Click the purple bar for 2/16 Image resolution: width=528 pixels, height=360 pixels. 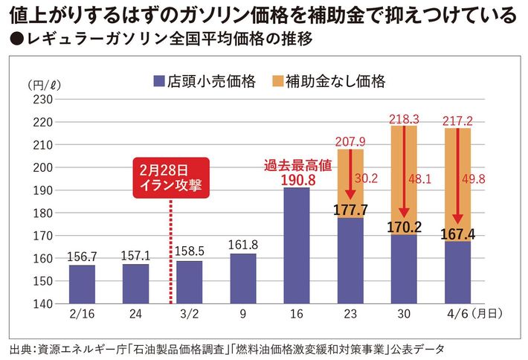(x=82, y=285)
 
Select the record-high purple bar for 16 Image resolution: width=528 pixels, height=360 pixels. (x=296, y=245)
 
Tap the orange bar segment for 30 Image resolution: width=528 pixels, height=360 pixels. (x=403, y=179)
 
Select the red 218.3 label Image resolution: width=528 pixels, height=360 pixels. (x=403, y=118)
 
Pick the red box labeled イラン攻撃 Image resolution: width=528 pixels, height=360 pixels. (x=171, y=178)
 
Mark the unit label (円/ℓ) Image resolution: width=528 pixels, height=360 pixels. (x=38, y=83)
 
